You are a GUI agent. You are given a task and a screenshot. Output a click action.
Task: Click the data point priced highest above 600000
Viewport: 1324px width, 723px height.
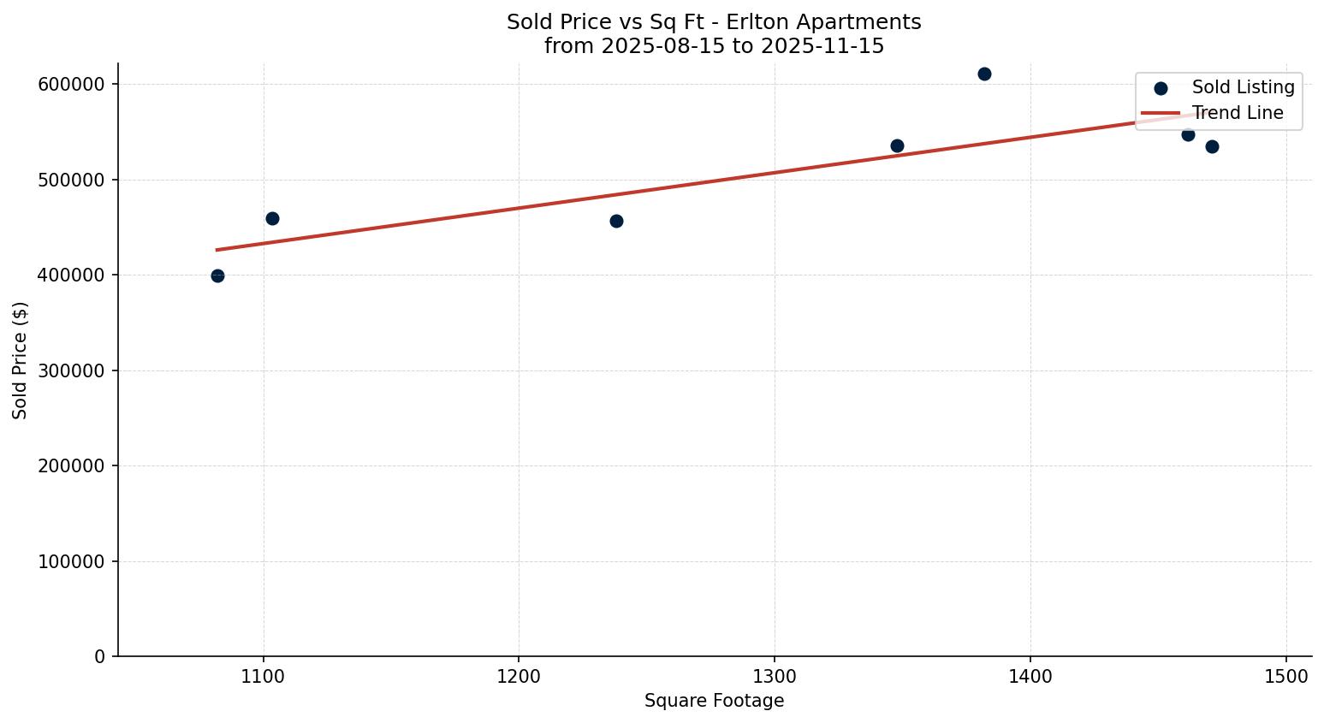point(984,74)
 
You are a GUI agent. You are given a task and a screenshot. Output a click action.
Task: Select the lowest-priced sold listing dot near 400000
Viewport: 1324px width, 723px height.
point(217,276)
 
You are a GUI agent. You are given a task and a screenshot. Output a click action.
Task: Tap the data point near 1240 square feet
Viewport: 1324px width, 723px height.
point(616,221)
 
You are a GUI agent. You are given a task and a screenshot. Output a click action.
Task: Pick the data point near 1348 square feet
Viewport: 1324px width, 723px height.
point(897,145)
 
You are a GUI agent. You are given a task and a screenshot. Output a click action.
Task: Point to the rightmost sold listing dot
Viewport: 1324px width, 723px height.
point(1212,146)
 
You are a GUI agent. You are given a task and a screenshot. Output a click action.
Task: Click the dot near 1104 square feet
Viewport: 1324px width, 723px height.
point(272,218)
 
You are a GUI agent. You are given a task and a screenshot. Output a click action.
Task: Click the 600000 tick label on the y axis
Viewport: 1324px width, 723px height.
point(71,84)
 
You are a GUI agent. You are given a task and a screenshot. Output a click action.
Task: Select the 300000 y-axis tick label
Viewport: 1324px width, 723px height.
point(71,370)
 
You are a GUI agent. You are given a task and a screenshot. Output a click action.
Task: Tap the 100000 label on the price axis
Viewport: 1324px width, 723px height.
point(71,561)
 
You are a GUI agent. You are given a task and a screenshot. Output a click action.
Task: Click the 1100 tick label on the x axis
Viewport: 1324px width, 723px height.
point(264,676)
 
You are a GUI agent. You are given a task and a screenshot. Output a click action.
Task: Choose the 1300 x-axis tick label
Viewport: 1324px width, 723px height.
point(775,676)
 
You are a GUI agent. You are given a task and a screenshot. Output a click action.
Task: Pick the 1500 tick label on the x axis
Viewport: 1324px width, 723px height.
point(1285,676)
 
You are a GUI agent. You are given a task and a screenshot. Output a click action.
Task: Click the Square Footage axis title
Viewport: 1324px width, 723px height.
point(714,701)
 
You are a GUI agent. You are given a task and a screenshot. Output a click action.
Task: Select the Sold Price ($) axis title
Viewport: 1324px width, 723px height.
point(21,360)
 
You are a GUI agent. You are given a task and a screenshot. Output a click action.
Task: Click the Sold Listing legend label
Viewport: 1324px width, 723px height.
point(1243,87)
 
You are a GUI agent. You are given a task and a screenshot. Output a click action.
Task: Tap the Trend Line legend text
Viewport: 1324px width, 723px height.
point(1238,113)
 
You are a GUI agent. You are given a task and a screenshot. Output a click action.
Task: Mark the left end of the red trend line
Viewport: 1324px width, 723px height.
point(217,250)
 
